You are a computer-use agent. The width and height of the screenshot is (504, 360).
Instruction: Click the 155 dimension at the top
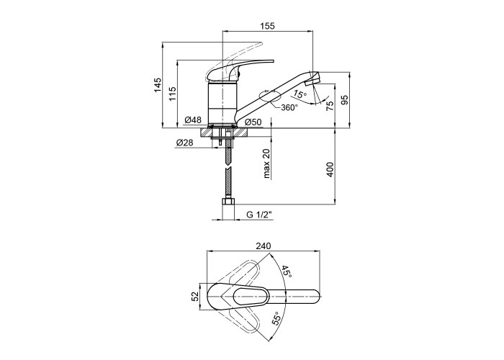(x=267, y=26)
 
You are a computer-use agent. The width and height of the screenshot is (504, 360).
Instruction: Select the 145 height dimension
(x=158, y=85)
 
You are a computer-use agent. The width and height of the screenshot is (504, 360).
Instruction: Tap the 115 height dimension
(x=173, y=94)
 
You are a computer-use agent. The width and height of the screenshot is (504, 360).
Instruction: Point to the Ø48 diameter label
(x=193, y=120)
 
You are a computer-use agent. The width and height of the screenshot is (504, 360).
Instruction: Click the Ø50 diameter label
(x=253, y=122)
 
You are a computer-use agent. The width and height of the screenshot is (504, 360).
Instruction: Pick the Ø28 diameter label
(x=185, y=143)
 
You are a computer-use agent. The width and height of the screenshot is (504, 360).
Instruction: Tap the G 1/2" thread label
(x=259, y=215)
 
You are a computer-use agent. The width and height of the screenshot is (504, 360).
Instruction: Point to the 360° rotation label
(x=289, y=107)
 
